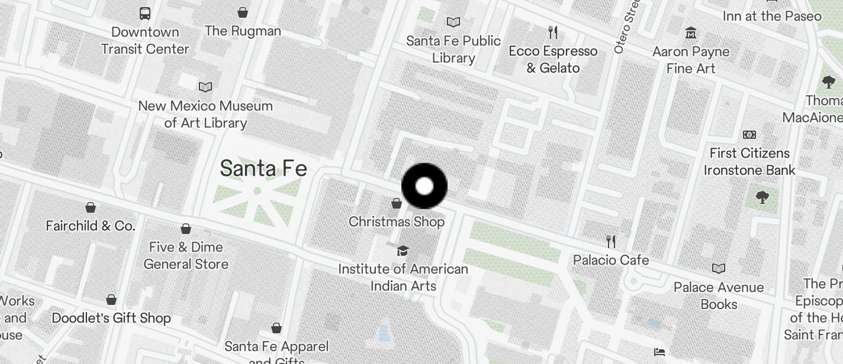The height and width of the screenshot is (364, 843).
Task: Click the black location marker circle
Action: tap(424, 186)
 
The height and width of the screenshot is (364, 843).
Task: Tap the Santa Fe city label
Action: tap(263, 169)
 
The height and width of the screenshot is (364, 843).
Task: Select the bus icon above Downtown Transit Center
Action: tap(145, 13)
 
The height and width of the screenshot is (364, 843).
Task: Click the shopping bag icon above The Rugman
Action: tap(243, 12)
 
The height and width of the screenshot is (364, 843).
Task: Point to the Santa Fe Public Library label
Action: tap(453, 50)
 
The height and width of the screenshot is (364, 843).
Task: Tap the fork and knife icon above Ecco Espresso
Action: tap(553, 32)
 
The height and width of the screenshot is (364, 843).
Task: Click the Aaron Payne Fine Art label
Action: tap(691, 60)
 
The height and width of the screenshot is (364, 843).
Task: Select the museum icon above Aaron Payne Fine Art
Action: tap(691, 32)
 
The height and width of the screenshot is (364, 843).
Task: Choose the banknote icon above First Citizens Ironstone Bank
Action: tap(749, 135)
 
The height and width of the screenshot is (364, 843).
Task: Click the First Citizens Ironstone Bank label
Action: tap(749, 162)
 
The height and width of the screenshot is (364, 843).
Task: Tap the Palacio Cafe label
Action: tap(611, 260)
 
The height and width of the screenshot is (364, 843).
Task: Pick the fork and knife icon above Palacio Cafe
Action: tap(611, 241)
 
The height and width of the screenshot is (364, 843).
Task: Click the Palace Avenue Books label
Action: tap(719, 295)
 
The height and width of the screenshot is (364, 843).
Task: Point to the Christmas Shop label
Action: tap(397, 222)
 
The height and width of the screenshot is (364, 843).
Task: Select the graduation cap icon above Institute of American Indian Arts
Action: tap(403, 251)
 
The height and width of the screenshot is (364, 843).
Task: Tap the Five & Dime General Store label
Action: tap(186, 255)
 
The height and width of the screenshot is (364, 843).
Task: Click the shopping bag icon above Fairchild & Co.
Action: tap(91, 207)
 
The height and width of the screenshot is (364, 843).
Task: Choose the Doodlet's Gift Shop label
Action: tap(111, 318)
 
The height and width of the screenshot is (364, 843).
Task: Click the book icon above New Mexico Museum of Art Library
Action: tap(205, 87)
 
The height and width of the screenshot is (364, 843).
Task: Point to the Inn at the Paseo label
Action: tap(772, 16)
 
